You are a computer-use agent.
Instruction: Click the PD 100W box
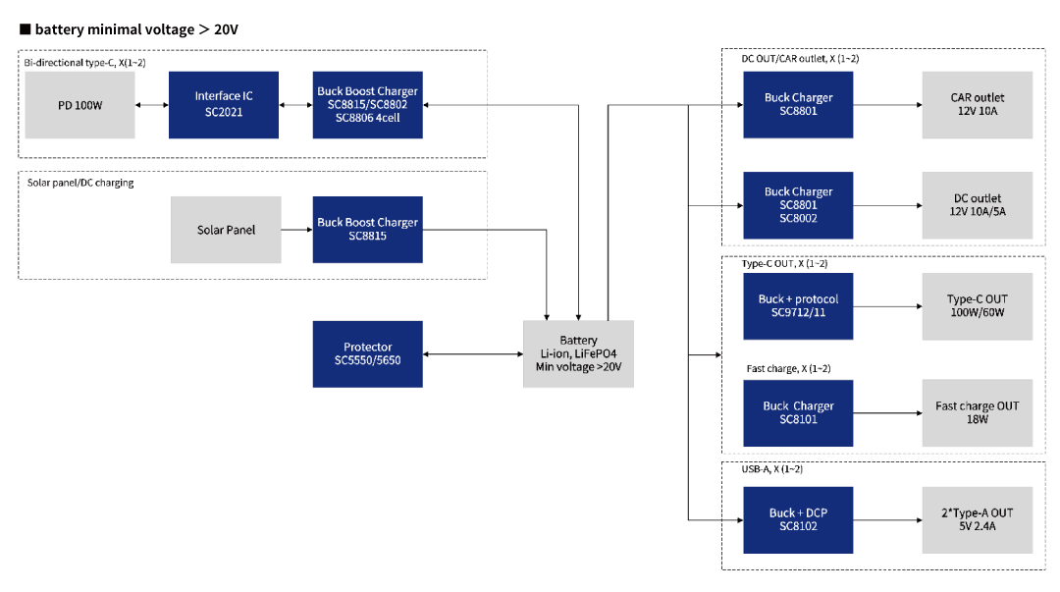(79, 105)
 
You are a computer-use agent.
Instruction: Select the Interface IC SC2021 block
(224, 105)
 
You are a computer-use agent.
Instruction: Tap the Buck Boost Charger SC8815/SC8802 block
(368, 105)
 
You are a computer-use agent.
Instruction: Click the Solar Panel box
(226, 230)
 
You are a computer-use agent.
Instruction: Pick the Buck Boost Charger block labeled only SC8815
(368, 230)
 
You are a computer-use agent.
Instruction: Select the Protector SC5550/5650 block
(368, 353)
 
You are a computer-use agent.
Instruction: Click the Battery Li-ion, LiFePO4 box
(579, 353)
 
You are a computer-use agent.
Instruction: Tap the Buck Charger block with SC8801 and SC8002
(798, 205)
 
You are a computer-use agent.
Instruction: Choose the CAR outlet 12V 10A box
(978, 105)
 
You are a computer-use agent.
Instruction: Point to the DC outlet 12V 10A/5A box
(978, 205)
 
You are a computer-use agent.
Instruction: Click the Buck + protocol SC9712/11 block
(798, 305)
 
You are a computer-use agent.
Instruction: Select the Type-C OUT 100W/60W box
(978, 305)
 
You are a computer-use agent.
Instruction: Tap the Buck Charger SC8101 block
(798, 412)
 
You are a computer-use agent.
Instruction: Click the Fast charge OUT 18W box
(978, 412)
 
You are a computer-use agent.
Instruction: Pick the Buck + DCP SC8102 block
(798, 519)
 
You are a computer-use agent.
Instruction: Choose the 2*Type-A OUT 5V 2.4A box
(978, 519)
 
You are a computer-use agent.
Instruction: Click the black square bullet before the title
(25, 29)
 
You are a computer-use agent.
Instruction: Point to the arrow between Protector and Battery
(473, 353)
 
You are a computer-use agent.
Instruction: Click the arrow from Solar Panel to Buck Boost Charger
(296, 230)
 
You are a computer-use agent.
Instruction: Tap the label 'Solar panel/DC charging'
(80, 183)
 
